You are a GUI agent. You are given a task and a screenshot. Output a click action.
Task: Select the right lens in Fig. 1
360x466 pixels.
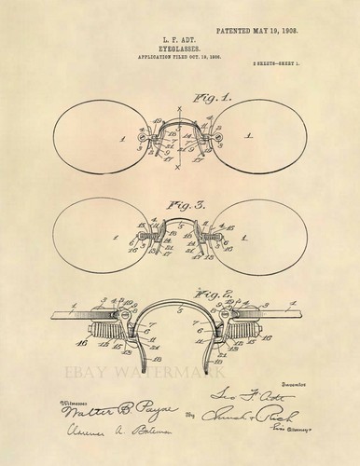(270, 139)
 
